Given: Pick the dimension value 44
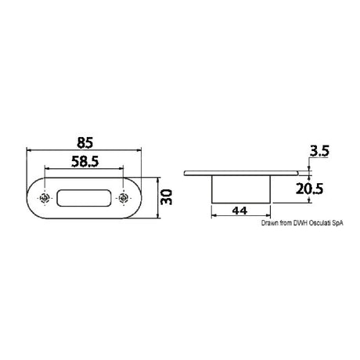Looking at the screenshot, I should pyautogui.click(x=243, y=210).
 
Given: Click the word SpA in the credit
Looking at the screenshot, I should pyautogui.click(x=336, y=224).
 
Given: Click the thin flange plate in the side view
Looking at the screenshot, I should pyautogui.click(x=243, y=172).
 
